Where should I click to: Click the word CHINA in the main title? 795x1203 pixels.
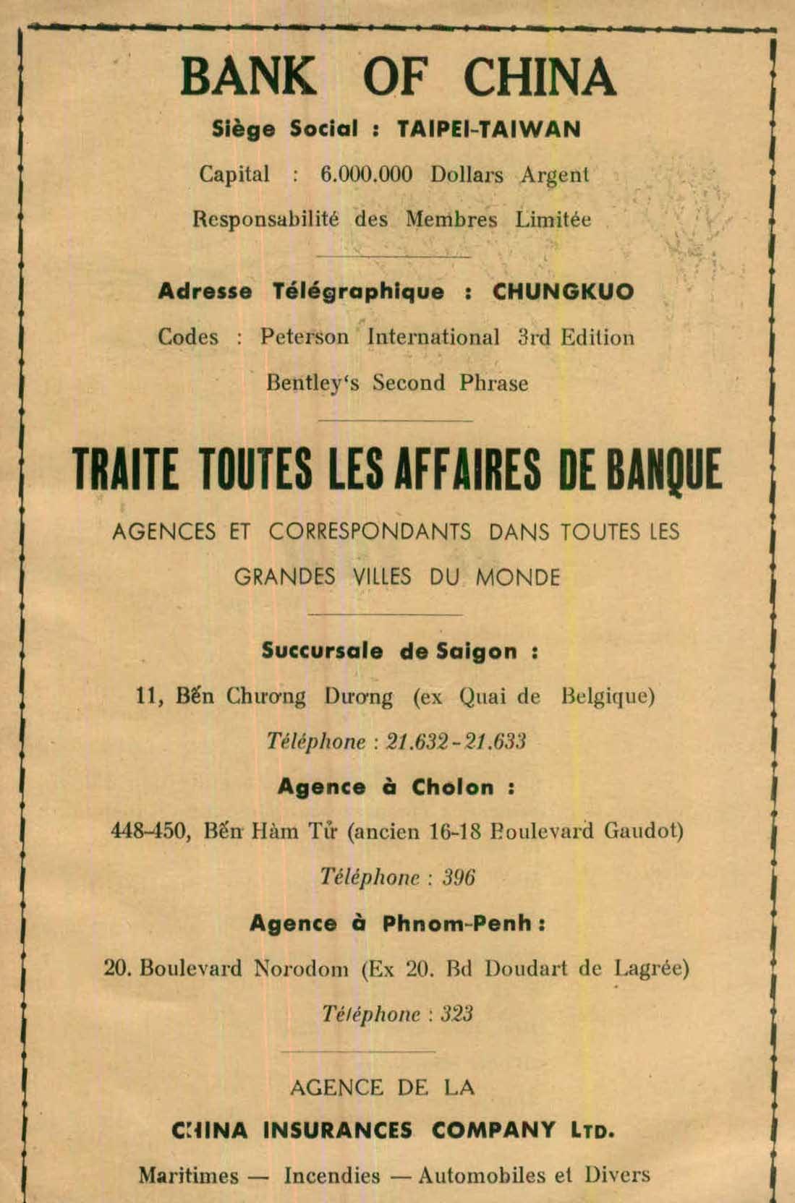coord(539,77)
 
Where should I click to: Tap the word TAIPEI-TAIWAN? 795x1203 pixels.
coord(489,129)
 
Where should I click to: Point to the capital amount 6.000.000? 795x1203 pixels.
coord(366,174)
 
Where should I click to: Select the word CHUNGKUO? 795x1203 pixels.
coord(563,291)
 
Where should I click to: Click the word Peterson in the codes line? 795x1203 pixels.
coord(305,337)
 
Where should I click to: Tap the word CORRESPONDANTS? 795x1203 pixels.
coord(370,532)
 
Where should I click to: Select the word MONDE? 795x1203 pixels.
coord(518,577)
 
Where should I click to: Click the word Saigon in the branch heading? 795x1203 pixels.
coord(477,651)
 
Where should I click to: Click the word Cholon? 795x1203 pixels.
coord(453,787)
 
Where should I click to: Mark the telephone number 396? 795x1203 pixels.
coord(459,877)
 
